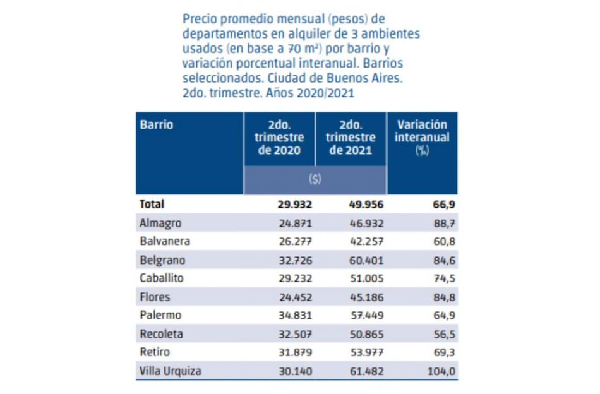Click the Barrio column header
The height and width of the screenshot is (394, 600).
click(x=157, y=124)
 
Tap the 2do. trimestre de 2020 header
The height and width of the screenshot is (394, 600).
click(x=279, y=138)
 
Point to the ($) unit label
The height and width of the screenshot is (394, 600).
click(x=315, y=179)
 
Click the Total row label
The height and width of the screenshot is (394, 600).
click(x=152, y=204)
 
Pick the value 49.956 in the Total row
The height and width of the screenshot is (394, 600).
click(x=366, y=205)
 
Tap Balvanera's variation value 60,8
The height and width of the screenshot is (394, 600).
click(x=442, y=241)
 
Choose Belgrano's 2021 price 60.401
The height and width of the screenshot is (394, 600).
click(x=366, y=260)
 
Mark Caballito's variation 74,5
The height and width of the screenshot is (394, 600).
click(x=442, y=278)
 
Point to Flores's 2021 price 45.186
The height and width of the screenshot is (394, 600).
click(x=366, y=297)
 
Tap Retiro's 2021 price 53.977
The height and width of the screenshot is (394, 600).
click(x=366, y=352)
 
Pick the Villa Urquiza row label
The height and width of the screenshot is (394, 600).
click(x=170, y=371)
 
